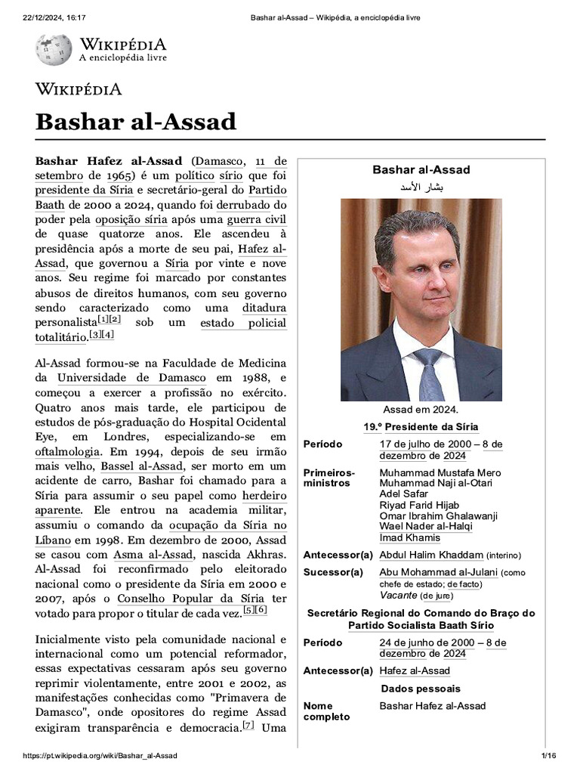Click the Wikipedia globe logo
coord(53,49)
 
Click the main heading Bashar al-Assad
coord(136,122)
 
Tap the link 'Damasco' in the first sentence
coord(220,161)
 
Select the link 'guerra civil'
coord(257,219)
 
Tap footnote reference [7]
coord(248,726)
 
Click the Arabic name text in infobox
coord(421,186)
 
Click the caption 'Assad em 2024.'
coord(421,409)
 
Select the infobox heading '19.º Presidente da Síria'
coord(421,427)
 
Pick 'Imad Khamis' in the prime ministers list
coord(409,537)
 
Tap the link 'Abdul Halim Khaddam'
coord(430,555)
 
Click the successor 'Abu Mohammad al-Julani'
coord(438,572)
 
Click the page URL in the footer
coord(100,757)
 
